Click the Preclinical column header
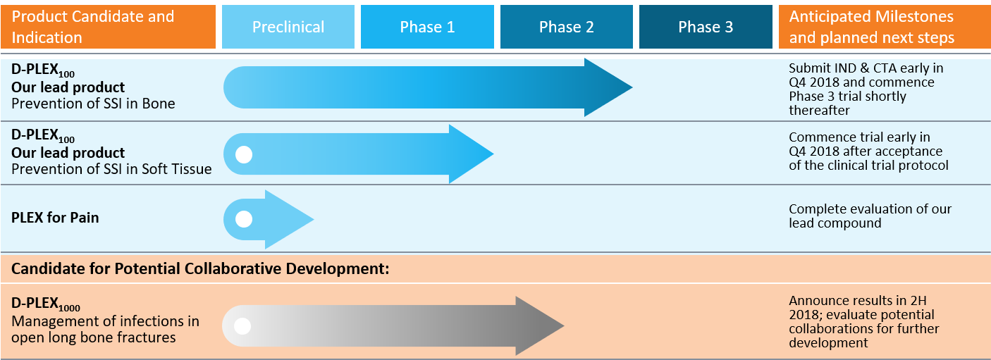coord(288,27)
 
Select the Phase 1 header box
coord(427,27)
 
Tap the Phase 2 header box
coord(566,27)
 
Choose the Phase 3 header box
coord(706,27)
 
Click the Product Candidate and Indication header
coord(108,27)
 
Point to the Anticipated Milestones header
coord(885,27)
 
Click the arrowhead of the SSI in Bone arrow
coord(608,87)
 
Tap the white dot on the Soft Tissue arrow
coord(244,155)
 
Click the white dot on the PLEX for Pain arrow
coord(244,219)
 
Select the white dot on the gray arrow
coord(242,326)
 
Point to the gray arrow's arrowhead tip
coord(564,326)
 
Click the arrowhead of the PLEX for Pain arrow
coord(290,219)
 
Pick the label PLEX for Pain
coord(55,218)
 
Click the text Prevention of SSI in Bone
coord(93,104)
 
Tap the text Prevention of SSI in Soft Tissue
coord(111,169)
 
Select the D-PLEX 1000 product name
coord(46,304)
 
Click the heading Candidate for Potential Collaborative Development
coord(200,268)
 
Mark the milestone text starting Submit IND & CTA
coord(866,89)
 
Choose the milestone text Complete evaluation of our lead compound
coord(870,216)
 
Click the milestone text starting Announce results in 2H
coord(863,321)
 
